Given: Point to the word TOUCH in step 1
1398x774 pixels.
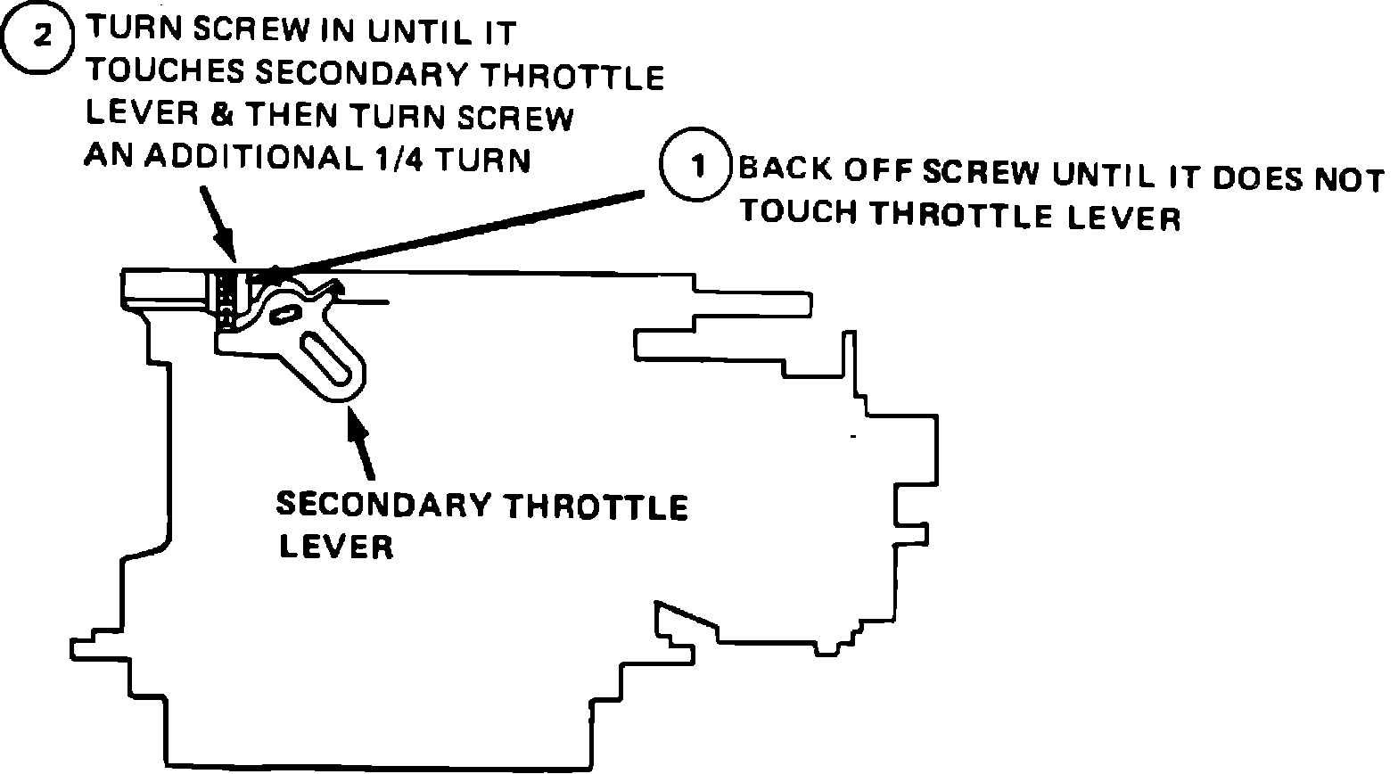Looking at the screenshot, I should [799, 212].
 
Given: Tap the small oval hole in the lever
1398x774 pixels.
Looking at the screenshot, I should [285, 313].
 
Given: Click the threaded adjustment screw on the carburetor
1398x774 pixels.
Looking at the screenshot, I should [227, 298].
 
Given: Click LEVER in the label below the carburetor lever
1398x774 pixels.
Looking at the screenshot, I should [336, 546].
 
